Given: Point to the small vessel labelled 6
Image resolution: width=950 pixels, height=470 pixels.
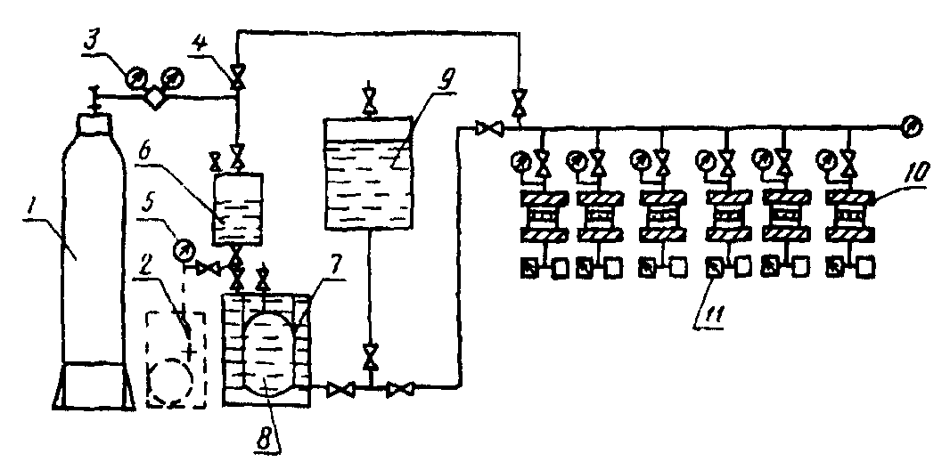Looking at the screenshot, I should pos(238,210).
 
